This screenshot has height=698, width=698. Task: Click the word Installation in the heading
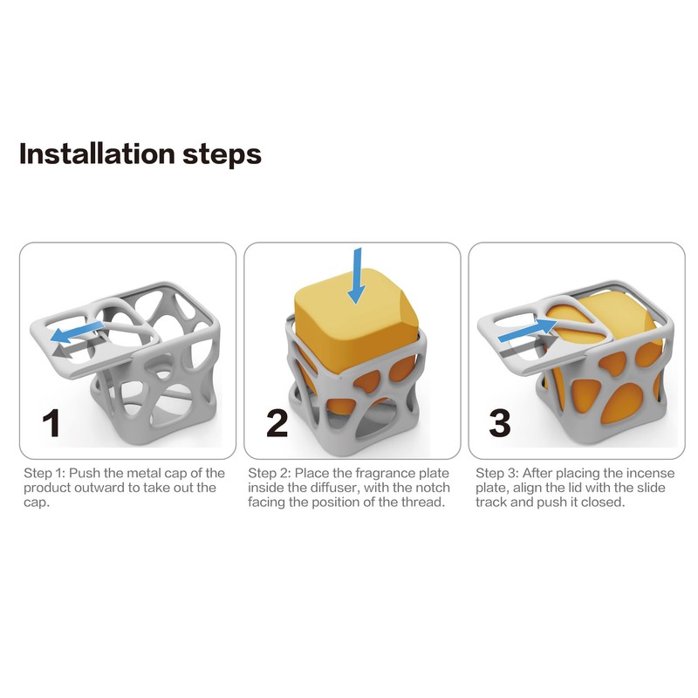(97, 154)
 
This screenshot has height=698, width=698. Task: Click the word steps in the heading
(222, 156)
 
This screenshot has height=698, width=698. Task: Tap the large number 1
(52, 423)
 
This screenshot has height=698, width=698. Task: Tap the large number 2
(277, 423)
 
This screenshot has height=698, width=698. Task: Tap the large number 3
(499, 423)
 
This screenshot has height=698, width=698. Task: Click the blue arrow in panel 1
(78, 332)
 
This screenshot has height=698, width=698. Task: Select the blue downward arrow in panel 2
(356, 276)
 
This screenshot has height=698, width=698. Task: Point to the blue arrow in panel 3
(528, 330)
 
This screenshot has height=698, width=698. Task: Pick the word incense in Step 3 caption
(647, 473)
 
